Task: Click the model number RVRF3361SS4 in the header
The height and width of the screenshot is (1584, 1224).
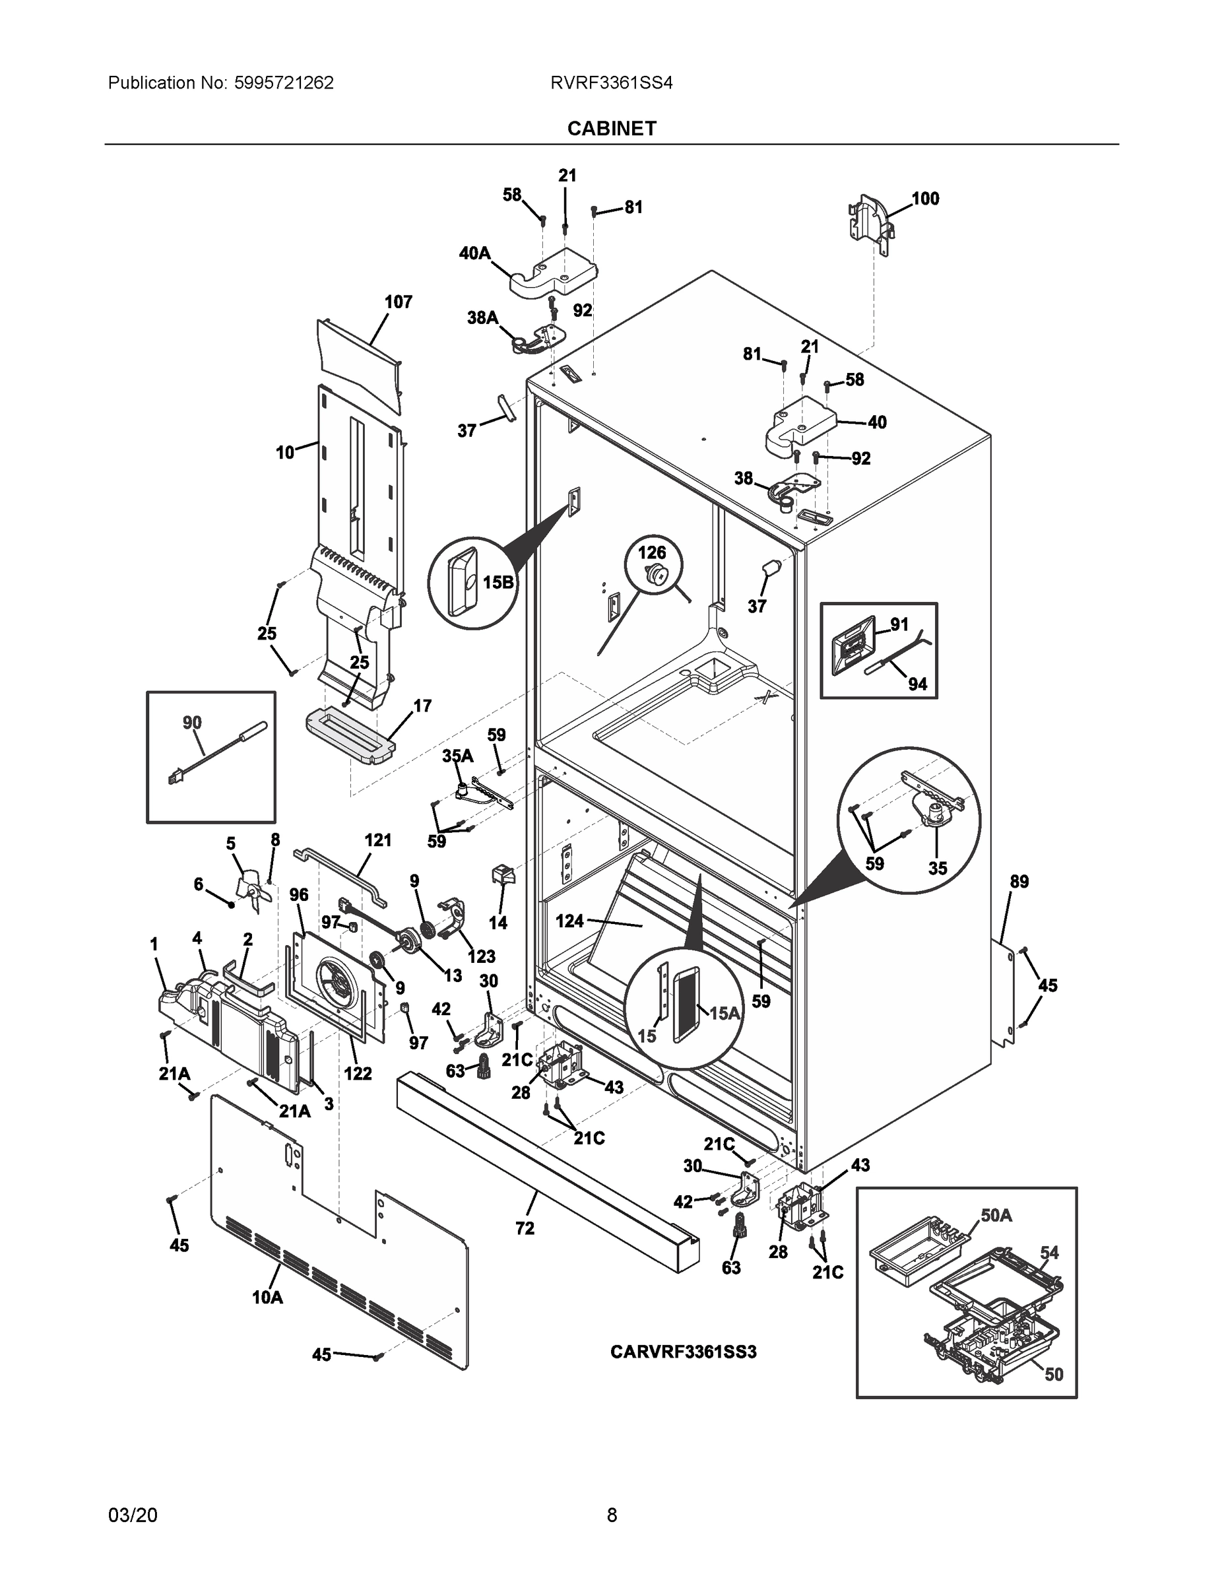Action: click(x=611, y=83)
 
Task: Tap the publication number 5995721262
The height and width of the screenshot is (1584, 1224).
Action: click(x=284, y=83)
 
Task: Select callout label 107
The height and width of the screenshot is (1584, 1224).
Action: click(x=398, y=302)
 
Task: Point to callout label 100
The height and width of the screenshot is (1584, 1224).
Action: click(x=924, y=199)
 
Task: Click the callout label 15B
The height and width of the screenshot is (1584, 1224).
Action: click(x=498, y=581)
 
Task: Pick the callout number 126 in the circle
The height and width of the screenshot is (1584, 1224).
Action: click(x=651, y=552)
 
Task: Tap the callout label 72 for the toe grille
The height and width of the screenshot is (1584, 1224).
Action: click(x=525, y=1228)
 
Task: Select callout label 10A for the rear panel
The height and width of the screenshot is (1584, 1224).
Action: click(x=268, y=1298)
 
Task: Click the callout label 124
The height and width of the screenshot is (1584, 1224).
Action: click(x=569, y=921)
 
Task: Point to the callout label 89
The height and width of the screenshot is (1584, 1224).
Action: click(x=1019, y=882)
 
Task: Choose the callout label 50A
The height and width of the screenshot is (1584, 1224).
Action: click(x=996, y=1216)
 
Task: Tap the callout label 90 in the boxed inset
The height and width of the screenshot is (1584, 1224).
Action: click(x=192, y=723)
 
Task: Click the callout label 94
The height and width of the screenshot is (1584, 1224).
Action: click(x=917, y=684)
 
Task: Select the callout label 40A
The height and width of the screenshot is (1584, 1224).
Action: click(x=474, y=253)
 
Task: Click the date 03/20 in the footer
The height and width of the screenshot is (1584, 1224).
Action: click(x=132, y=1515)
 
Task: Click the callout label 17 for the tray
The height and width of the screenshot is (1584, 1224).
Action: click(x=422, y=706)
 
